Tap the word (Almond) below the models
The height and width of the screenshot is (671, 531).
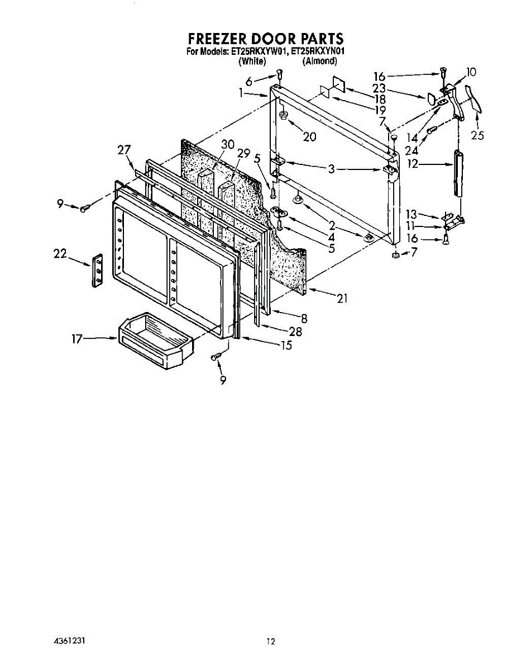point(319,61)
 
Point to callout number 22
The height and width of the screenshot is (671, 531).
point(60,253)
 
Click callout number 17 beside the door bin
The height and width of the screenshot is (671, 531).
point(77,338)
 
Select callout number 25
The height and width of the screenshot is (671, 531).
point(477,135)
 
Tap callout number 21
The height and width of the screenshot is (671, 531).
point(342,299)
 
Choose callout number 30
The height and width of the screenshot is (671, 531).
point(227,144)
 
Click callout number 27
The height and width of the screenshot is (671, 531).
point(124,149)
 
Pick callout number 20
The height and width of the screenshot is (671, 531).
point(309,137)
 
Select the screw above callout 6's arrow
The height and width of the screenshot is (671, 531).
point(280,75)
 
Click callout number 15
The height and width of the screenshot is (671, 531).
point(286,345)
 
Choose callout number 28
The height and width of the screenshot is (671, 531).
point(295,332)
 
